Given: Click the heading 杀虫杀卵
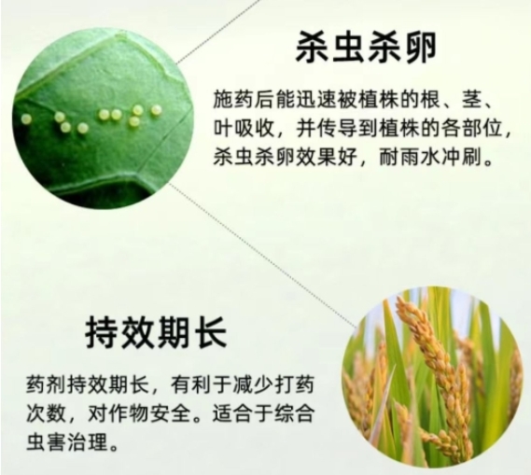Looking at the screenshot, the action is click(x=366, y=47).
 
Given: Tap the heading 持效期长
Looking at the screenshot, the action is click(x=156, y=332).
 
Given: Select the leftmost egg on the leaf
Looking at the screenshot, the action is click(x=26, y=119).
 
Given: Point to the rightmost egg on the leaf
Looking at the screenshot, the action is click(x=156, y=109).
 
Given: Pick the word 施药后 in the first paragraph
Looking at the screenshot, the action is click(x=245, y=99).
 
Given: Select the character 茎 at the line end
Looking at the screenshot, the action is click(x=471, y=99).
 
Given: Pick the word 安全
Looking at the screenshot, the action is click(x=169, y=413).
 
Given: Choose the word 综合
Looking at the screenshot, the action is click(x=293, y=413).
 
